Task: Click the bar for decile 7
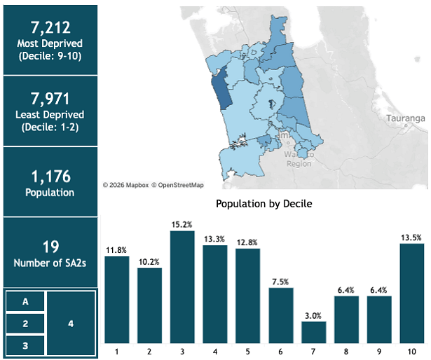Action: [313, 331]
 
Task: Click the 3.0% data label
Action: [313, 316]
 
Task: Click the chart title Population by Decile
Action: [264, 204]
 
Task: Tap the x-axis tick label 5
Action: [247, 349]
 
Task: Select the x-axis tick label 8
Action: [346, 349]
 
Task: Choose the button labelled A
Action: [25, 302]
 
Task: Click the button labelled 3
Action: [25, 345]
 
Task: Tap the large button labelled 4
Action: [71, 324]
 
